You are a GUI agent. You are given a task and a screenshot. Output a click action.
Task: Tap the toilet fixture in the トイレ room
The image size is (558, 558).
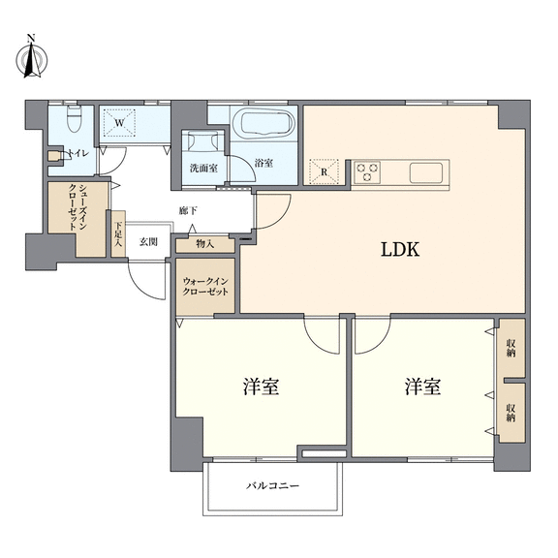[x=74, y=118]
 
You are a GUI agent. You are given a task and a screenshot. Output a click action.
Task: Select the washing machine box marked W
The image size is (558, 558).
[x=119, y=123]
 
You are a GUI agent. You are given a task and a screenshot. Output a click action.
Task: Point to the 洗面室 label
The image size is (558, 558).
[x=203, y=168]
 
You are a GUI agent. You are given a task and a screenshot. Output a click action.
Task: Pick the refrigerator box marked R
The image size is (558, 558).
[x=324, y=172]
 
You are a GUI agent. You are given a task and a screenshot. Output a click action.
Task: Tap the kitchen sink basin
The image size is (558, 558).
[x=426, y=173]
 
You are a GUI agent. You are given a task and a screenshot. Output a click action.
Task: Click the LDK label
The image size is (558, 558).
[x=400, y=250]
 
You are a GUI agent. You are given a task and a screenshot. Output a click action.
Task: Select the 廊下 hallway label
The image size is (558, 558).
[x=188, y=210]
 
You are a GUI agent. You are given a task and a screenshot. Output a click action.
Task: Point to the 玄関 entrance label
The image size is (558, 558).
[x=148, y=242]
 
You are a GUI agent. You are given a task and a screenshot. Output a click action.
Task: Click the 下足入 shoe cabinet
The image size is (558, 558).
[x=118, y=233]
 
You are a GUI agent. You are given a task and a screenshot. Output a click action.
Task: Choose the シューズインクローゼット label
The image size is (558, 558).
[x=77, y=207]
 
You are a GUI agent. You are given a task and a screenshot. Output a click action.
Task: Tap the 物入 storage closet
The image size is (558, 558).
[x=205, y=244]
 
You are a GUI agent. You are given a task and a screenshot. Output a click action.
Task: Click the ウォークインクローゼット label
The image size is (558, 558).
[x=205, y=287]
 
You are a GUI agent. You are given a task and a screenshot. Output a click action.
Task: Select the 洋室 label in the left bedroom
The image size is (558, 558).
[x=261, y=387]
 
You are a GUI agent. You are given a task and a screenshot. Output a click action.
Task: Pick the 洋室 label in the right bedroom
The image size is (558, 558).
[x=422, y=387]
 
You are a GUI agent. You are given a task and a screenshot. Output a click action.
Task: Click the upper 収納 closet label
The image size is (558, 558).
[x=511, y=348]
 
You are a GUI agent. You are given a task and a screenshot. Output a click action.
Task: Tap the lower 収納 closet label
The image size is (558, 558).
[x=511, y=413]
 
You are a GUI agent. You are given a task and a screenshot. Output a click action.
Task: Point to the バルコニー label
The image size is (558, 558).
[x=272, y=485]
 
